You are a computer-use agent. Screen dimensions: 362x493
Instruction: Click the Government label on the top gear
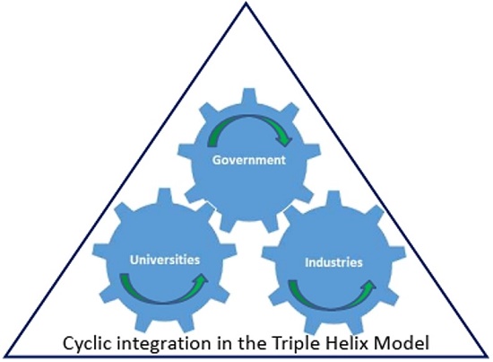pyautogui.click(x=248, y=162)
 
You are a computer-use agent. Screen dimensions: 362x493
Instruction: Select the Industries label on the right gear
pyautogui.click(x=333, y=263)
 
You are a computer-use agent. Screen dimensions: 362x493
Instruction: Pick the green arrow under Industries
pyautogui.click(x=331, y=294)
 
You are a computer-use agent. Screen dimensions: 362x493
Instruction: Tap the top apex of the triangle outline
pyautogui.click(x=246, y=4)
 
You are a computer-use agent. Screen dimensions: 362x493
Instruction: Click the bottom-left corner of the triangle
pyautogui.click(x=5, y=357)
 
